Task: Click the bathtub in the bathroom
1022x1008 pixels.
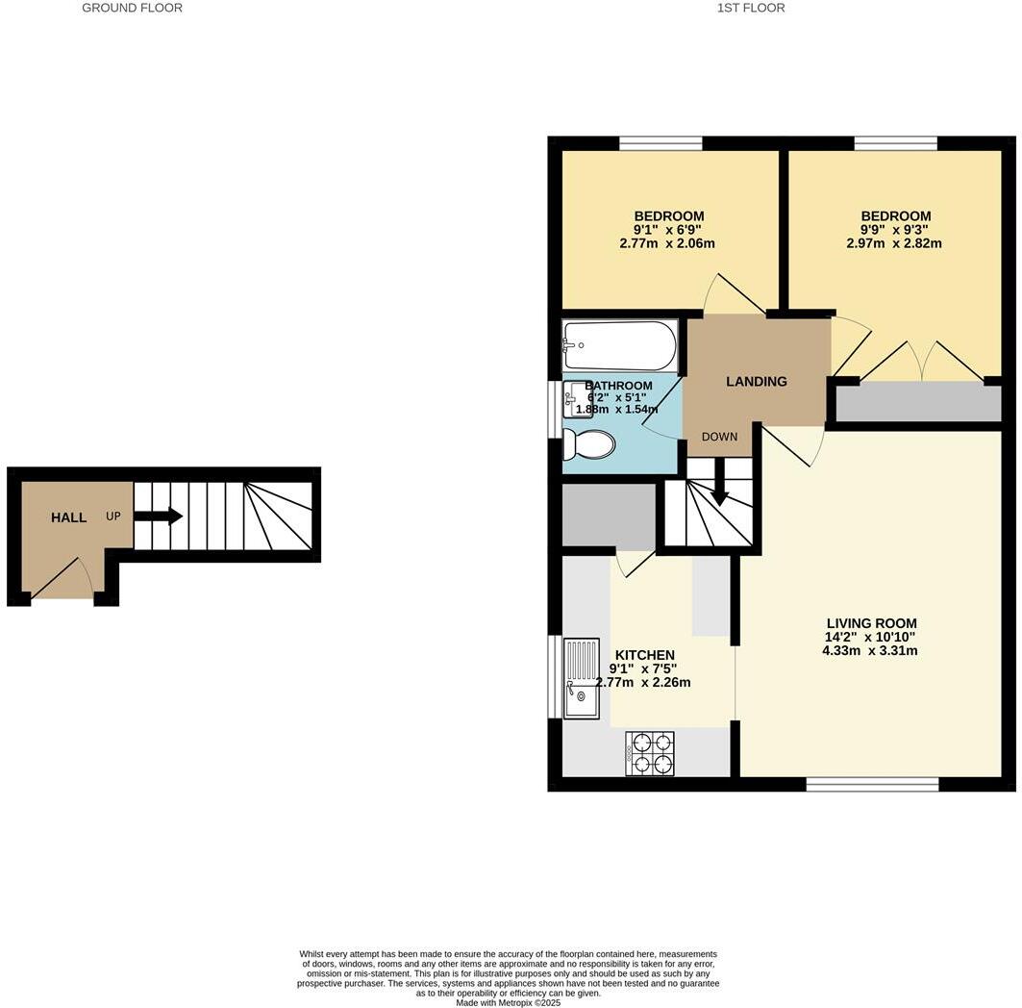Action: click(620, 345)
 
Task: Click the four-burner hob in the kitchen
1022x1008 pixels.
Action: click(650, 753)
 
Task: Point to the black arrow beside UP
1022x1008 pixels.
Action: click(159, 517)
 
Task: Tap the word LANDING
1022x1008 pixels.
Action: click(756, 382)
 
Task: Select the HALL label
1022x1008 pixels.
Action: click(69, 517)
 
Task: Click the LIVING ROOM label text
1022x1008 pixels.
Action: click(871, 623)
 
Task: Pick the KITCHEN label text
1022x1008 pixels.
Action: click(644, 655)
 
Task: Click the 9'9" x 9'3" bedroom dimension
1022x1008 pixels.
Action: click(895, 230)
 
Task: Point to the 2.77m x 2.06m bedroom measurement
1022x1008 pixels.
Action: click(667, 243)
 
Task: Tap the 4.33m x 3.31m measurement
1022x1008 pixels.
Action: click(870, 650)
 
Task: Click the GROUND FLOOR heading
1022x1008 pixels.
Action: click(132, 8)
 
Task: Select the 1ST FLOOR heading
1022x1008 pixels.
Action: click(751, 8)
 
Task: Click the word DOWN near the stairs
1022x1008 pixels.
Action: click(719, 437)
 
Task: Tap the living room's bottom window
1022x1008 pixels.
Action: click(872, 785)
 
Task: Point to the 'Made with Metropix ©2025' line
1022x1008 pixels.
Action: click(508, 1002)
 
